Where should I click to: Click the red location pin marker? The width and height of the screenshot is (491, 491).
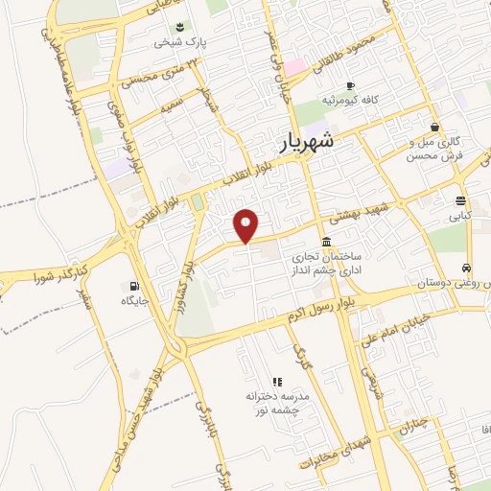tap(246, 224)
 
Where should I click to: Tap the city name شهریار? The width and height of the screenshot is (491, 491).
tap(309, 140)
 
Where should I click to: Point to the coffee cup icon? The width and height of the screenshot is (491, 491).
tap(350, 84)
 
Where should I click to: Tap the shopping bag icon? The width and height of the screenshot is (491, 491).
tap(435, 127)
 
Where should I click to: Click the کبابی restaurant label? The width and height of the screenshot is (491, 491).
tap(461, 217)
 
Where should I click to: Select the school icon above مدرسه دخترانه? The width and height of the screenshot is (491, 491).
tap(277, 382)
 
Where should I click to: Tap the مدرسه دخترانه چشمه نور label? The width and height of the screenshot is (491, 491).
tap(276, 403)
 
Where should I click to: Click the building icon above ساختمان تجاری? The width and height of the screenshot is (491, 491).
tap(328, 240)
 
